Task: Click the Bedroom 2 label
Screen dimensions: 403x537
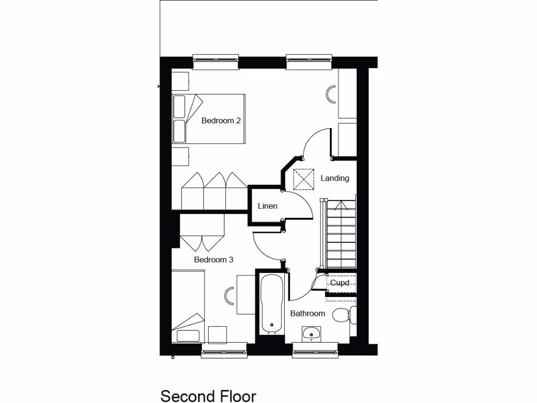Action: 221,121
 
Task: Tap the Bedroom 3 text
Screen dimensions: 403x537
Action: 213,260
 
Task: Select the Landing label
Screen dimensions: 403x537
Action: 335,178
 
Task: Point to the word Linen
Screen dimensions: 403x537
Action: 267,206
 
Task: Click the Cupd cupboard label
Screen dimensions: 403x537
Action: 339,283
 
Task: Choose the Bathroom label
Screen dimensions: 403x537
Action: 308,314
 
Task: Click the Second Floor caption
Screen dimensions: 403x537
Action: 208,395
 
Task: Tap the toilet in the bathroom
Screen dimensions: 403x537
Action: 341,316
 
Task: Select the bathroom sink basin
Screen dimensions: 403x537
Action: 312,333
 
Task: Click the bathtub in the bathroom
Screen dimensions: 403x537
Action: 272,303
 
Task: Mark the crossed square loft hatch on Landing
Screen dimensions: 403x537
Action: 303,179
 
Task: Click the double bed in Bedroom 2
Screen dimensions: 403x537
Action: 209,119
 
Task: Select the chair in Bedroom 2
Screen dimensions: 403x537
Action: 331,94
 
